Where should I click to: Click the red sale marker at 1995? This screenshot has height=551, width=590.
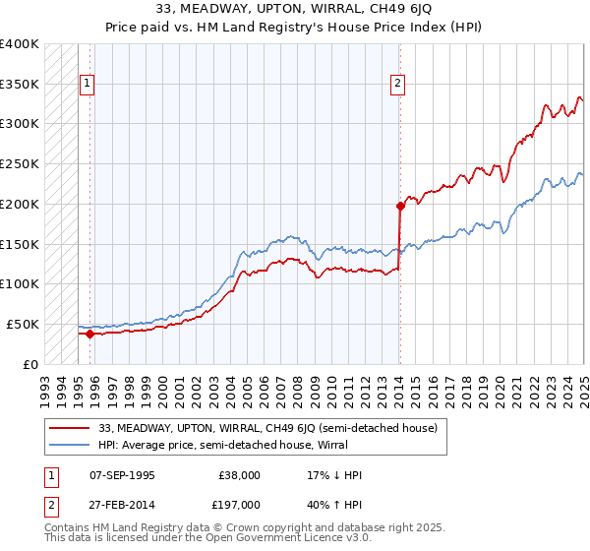[89, 334]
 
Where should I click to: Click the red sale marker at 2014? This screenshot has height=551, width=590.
[400, 206]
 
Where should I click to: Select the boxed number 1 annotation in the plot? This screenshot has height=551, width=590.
[88, 85]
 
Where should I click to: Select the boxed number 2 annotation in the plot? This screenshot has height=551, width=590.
[398, 85]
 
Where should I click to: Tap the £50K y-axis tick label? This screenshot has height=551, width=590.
[23, 324]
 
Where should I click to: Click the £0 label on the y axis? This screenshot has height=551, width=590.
[30, 364]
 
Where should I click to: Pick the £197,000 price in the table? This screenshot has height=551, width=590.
[239, 506]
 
